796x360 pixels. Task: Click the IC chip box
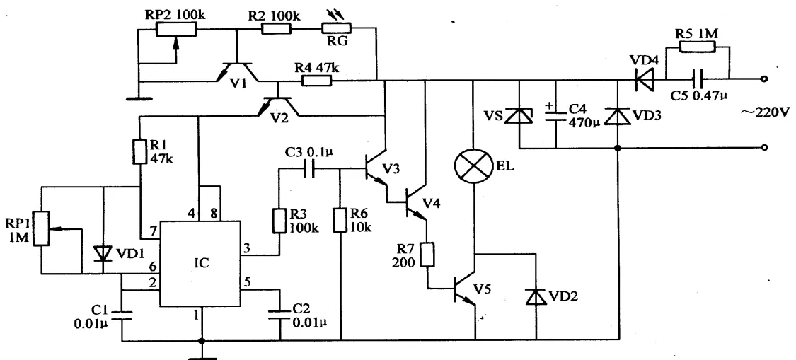pyautogui.click(x=200, y=264)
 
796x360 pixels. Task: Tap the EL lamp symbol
pyautogui.click(x=473, y=166)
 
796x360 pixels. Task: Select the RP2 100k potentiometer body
pyautogui.click(x=175, y=30)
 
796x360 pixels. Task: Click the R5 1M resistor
pyautogui.click(x=697, y=47)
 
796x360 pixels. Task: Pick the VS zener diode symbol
pyautogui.click(x=519, y=116)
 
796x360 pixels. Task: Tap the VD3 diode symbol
pyautogui.click(x=618, y=116)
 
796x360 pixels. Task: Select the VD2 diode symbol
pyautogui.click(x=536, y=296)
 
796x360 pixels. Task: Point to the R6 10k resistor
pyautogui.click(x=340, y=220)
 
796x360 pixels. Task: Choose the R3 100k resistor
pyautogui.click(x=279, y=220)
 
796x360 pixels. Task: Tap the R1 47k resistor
pyautogui.click(x=140, y=151)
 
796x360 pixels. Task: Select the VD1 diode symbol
pyautogui.click(x=103, y=252)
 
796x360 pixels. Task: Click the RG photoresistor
pyautogui.click(x=337, y=30)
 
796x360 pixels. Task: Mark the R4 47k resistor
pyautogui.click(x=317, y=80)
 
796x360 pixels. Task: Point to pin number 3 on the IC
pyautogui.click(x=248, y=248)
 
